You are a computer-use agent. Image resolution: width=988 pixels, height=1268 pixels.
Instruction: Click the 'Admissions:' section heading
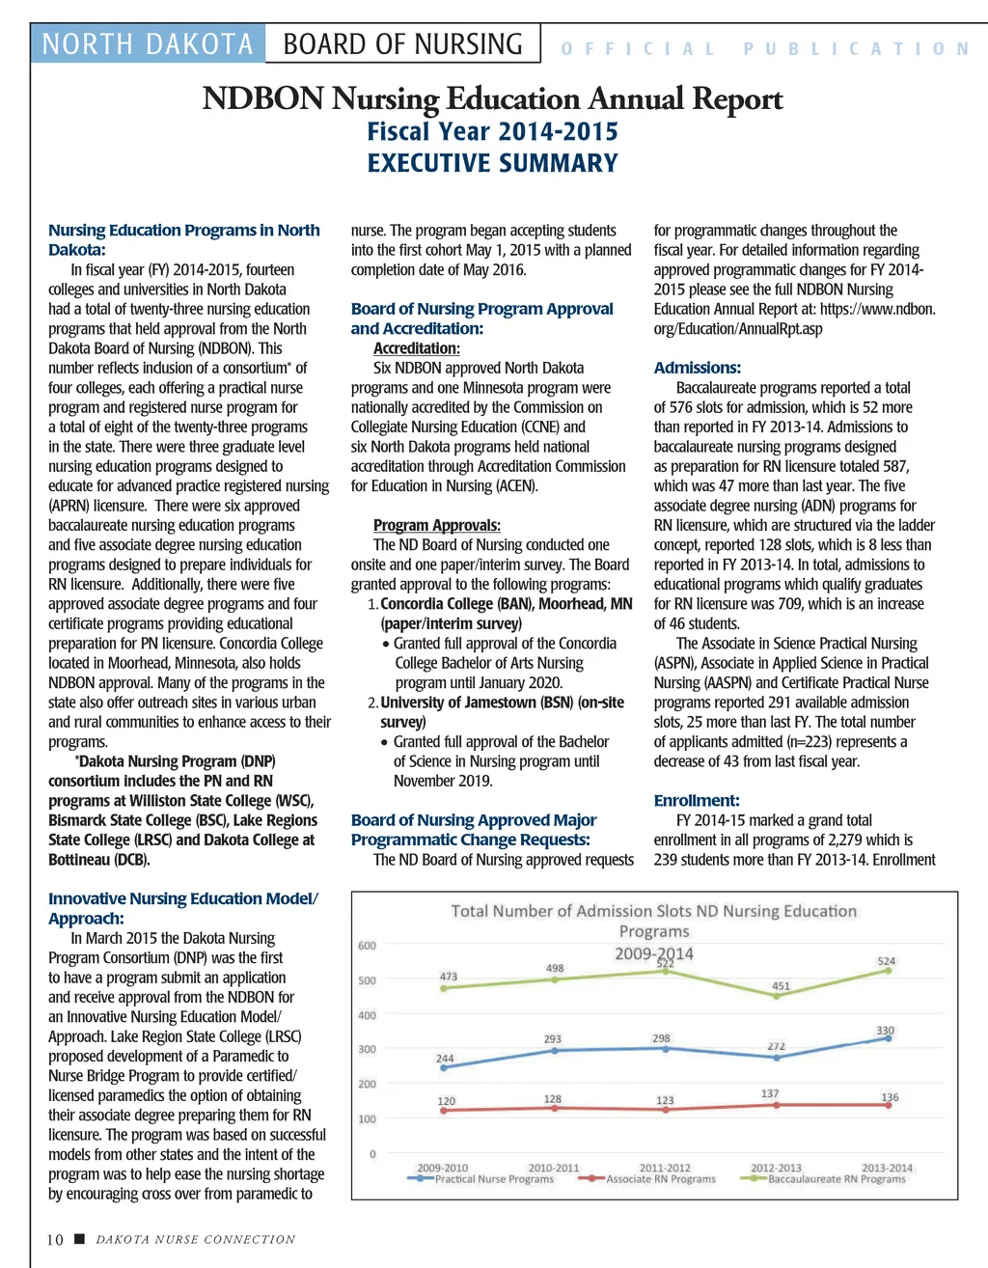(697, 368)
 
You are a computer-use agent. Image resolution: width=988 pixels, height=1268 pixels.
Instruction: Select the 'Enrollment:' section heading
(697, 800)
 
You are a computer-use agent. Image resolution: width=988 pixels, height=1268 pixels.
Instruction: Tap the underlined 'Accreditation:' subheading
(416, 348)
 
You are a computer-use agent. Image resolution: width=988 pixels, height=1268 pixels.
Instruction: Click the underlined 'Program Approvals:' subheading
(436, 525)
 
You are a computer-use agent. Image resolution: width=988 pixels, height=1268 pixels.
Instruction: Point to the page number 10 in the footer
(55, 1239)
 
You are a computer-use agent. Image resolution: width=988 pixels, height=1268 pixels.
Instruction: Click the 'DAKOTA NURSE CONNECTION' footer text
(196, 1239)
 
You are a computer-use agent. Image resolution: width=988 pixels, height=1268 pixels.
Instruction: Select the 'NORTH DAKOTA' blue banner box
(148, 44)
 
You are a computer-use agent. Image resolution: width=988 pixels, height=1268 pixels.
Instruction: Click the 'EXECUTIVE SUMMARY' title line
(493, 163)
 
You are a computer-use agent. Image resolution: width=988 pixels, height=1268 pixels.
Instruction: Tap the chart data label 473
(449, 977)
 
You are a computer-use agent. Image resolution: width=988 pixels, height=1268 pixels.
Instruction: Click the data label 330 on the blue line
(885, 1031)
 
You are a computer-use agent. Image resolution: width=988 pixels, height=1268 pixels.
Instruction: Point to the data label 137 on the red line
(769, 1093)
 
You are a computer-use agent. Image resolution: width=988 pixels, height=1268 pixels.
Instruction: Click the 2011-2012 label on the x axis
(665, 1168)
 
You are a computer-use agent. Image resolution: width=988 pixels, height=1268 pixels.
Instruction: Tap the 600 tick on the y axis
(367, 946)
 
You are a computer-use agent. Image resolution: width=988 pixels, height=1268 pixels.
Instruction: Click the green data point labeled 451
(777, 996)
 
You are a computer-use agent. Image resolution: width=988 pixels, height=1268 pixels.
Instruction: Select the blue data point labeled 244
(444, 1068)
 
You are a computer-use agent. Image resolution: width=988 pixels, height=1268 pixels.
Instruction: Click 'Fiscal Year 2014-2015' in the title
(493, 131)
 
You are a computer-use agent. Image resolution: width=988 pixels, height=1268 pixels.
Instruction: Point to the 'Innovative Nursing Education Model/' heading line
(183, 898)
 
